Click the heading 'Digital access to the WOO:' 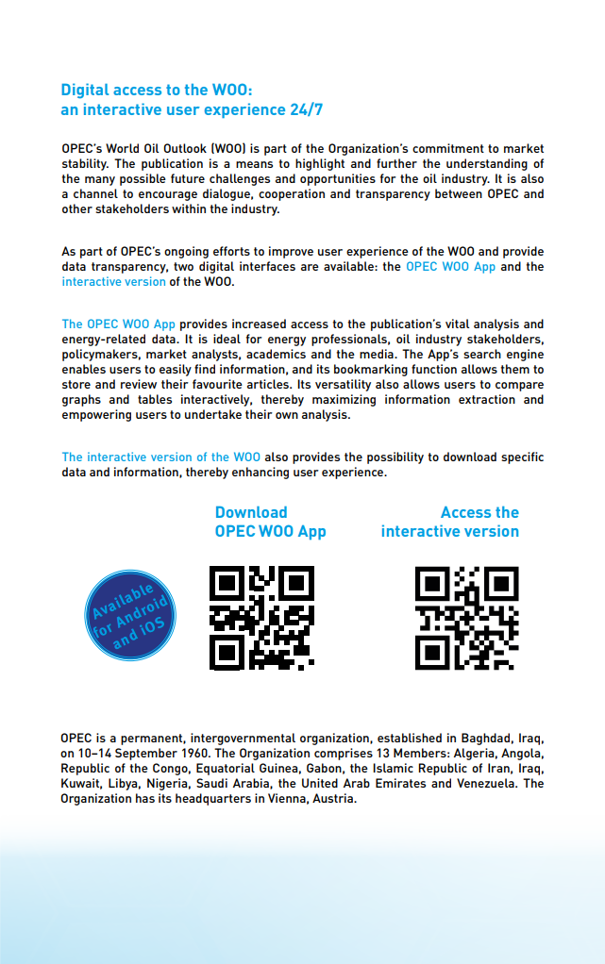[x=157, y=91]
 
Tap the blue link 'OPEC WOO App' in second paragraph [x=450, y=267]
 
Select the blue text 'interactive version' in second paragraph [x=113, y=282]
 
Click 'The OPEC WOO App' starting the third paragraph [x=118, y=324]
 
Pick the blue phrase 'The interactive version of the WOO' [x=160, y=457]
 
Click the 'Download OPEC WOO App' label [x=270, y=522]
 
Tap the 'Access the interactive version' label [x=450, y=522]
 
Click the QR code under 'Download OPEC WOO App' [x=261, y=618]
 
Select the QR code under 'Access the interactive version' [x=467, y=618]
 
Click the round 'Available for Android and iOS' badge [x=130, y=614]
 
